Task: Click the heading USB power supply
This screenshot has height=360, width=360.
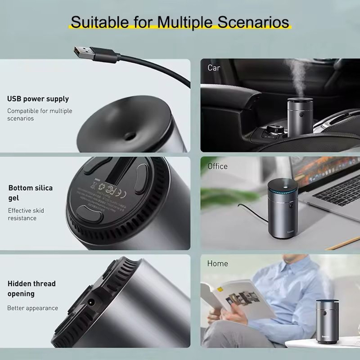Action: point(38,99)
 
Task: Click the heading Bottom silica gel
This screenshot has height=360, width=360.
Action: point(30,193)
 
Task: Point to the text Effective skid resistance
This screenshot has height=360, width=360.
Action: point(26,214)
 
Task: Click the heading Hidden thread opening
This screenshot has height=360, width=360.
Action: point(32,288)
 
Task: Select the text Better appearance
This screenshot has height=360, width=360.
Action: point(32,308)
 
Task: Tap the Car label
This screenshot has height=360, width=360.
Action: point(214,68)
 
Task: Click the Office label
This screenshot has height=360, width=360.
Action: point(217,166)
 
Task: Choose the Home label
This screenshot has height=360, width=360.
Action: point(217,264)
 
